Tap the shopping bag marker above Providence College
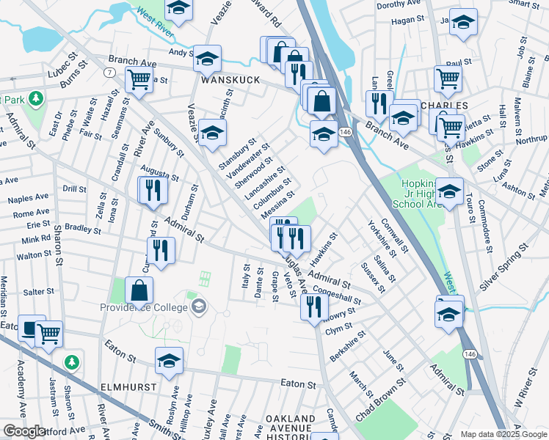click(x=139, y=292)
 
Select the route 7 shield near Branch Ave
click(x=109, y=72)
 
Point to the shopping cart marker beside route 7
click(x=138, y=80)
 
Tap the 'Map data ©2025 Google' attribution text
click(x=502, y=434)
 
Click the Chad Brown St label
click(x=380, y=400)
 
